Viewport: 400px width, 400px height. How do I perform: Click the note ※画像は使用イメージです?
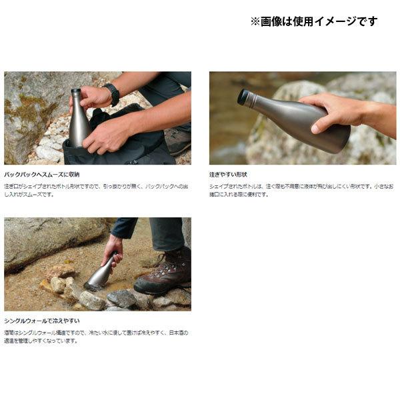[x=313, y=21]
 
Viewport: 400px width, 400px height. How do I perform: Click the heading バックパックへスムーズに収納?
[x=41, y=174]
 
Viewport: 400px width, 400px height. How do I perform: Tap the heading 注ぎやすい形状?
[x=229, y=174]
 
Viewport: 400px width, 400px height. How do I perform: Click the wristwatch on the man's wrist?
[x=112, y=94]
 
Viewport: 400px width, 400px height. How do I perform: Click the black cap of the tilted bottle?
[x=243, y=97]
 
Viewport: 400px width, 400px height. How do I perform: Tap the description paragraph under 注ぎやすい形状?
[x=301, y=191]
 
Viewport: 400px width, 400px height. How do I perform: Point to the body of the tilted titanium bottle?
[x=307, y=123]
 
